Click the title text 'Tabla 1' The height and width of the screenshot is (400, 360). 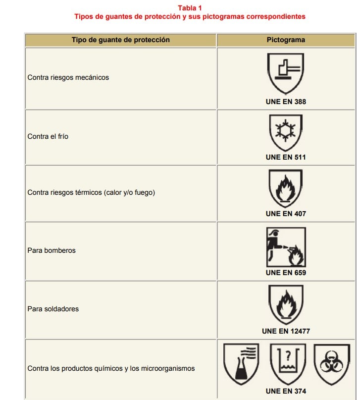click(x=190, y=8)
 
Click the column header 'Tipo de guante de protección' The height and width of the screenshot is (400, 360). click(x=120, y=40)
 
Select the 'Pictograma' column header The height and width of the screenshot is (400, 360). click(x=286, y=40)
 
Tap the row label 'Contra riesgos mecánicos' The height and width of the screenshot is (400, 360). click(x=68, y=77)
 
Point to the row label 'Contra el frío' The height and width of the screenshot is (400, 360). click(x=48, y=136)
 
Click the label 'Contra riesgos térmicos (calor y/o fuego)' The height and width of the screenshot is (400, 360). click(x=91, y=192)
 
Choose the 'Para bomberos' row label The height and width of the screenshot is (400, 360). click(x=51, y=250)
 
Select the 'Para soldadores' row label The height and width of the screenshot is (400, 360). click(x=53, y=309)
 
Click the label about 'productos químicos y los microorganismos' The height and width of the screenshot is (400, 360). click(x=111, y=368)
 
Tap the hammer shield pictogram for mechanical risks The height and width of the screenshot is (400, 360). click(x=286, y=73)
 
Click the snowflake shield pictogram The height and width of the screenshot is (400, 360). click(x=286, y=132)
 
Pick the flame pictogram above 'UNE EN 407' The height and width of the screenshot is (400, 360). click(x=286, y=188)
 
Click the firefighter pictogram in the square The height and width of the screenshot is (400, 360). click(x=286, y=247)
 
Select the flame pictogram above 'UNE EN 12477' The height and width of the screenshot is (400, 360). click(x=286, y=304)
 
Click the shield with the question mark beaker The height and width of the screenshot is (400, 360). click(x=288, y=364)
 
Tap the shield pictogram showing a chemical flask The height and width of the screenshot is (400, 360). click(x=241, y=364)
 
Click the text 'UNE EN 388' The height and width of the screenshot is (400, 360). click(x=286, y=102)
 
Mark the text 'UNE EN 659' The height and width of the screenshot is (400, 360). click(x=286, y=273)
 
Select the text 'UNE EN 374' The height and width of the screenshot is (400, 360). click(x=286, y=391)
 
